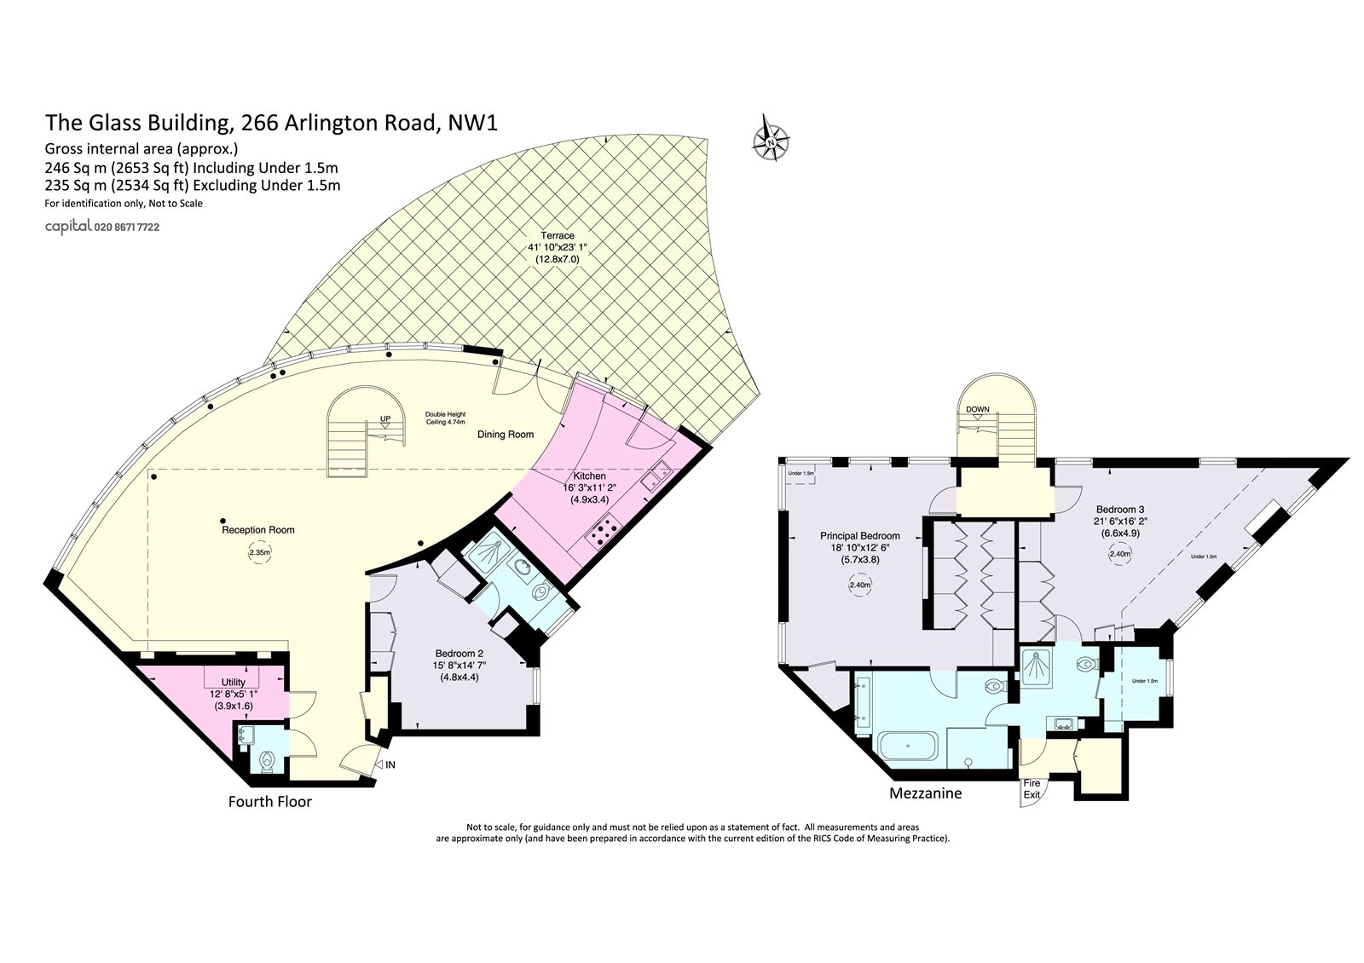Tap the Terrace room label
coord(557,235)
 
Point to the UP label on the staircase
coord(385,419)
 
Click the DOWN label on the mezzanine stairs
coord(977,409)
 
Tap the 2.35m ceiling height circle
coord(260,552)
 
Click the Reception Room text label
coord(257,530)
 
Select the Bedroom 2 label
coord(459,654)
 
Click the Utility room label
coord(234,683)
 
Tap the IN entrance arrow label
coord(390,764)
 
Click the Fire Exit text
coord(1032,789)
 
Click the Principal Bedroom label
coord(859,536)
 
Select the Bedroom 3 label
coord(1118,509)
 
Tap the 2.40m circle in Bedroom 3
coord(1119,554)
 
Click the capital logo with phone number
coord(102,228)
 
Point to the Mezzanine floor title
coord(925,793)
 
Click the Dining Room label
coord(506,435)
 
